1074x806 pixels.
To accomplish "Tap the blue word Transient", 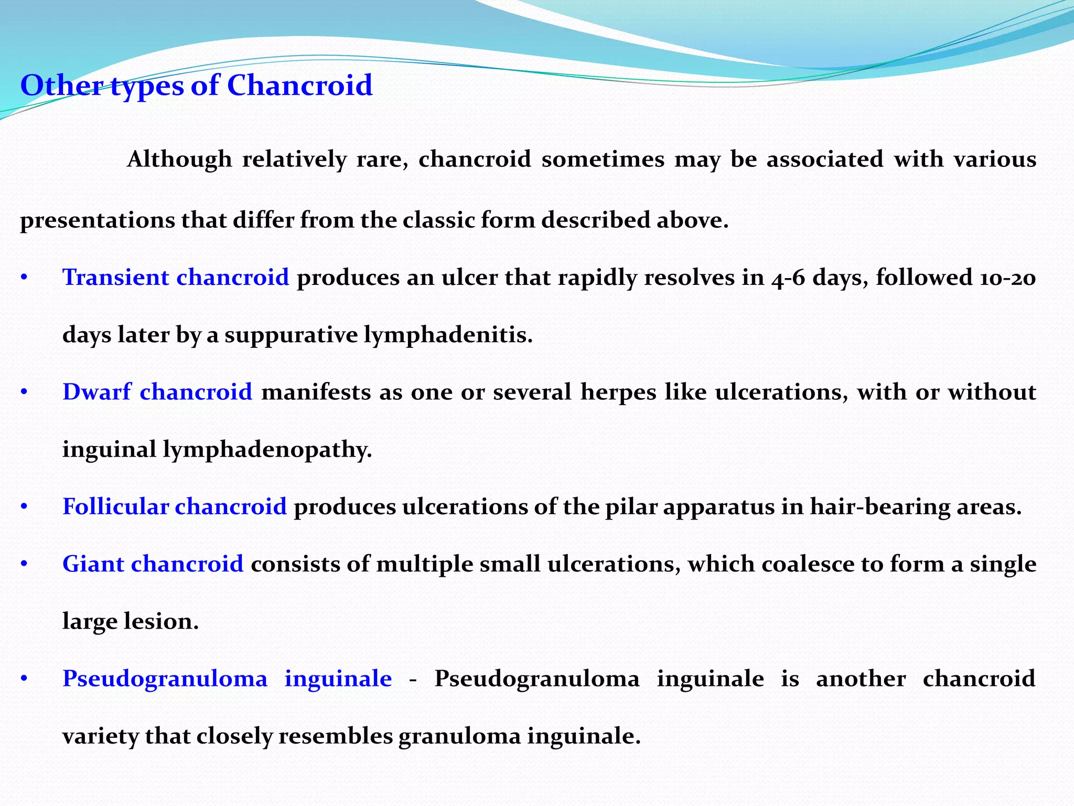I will [x=115, y=277].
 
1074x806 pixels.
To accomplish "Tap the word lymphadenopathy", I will [x=267, y=450].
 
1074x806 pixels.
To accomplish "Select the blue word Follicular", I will [x=115, y=506].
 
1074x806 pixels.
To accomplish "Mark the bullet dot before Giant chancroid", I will [x=24, y=565].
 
